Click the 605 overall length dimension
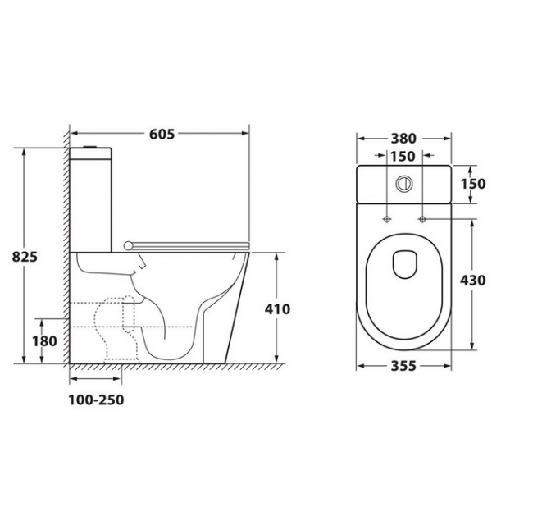point(162,134)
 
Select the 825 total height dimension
point(25,257)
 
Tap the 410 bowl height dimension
point(277,309)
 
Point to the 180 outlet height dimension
point(44,341)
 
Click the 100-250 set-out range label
point(96,400)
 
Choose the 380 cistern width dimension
point(403,139)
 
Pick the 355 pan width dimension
point(403,366)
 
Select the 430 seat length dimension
point(473,281)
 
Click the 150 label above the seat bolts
point(403,157)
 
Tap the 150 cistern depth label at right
point(473,184)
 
